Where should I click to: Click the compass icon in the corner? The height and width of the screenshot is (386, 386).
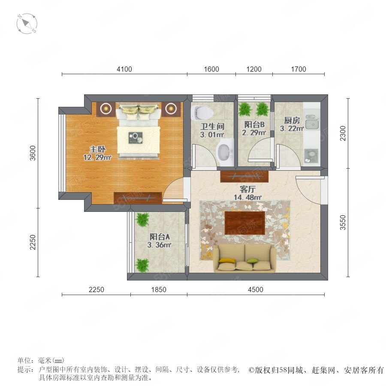(27, 24)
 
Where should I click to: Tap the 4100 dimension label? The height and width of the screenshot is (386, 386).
(124, 69)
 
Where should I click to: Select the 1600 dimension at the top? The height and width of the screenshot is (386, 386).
(211, 69)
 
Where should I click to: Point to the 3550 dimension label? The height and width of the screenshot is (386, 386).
(343, 223)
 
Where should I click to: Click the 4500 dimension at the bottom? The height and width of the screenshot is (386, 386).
(256, 289)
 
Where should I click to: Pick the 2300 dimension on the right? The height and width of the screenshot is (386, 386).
(343, 133)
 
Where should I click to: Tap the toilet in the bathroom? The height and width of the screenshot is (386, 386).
(202, 112)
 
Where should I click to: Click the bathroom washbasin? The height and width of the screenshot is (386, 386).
(224, 152)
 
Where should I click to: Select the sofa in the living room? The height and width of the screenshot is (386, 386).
(244, 258)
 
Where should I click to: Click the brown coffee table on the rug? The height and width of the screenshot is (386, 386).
(245, 223)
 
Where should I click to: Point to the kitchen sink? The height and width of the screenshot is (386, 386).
(312, 122)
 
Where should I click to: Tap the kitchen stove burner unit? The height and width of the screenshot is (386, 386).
(311, 156)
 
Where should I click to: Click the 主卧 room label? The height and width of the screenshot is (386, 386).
(97, 149)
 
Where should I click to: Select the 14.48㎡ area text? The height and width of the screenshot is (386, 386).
(247, 197)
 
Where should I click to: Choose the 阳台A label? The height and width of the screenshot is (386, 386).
(160, 237)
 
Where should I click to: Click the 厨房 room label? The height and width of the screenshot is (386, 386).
(292, 121)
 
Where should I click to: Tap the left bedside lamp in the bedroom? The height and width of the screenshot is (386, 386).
(106, 108)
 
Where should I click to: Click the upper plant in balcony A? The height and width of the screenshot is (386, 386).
(142, 219)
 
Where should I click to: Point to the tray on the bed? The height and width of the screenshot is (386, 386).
(136, 138)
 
